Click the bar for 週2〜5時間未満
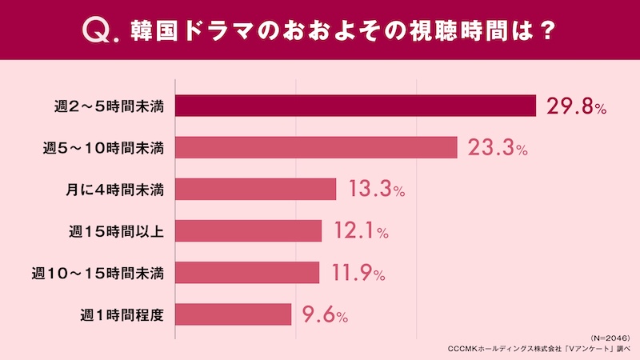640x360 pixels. (354, 106)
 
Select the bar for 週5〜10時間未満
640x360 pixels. (315, 148)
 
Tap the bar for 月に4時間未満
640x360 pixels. (254, 190)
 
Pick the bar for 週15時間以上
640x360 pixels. (247, 231)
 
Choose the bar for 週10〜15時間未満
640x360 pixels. (246, 273)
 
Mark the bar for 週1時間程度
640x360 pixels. (232, 314)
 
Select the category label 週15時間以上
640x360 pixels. (117, 231)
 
